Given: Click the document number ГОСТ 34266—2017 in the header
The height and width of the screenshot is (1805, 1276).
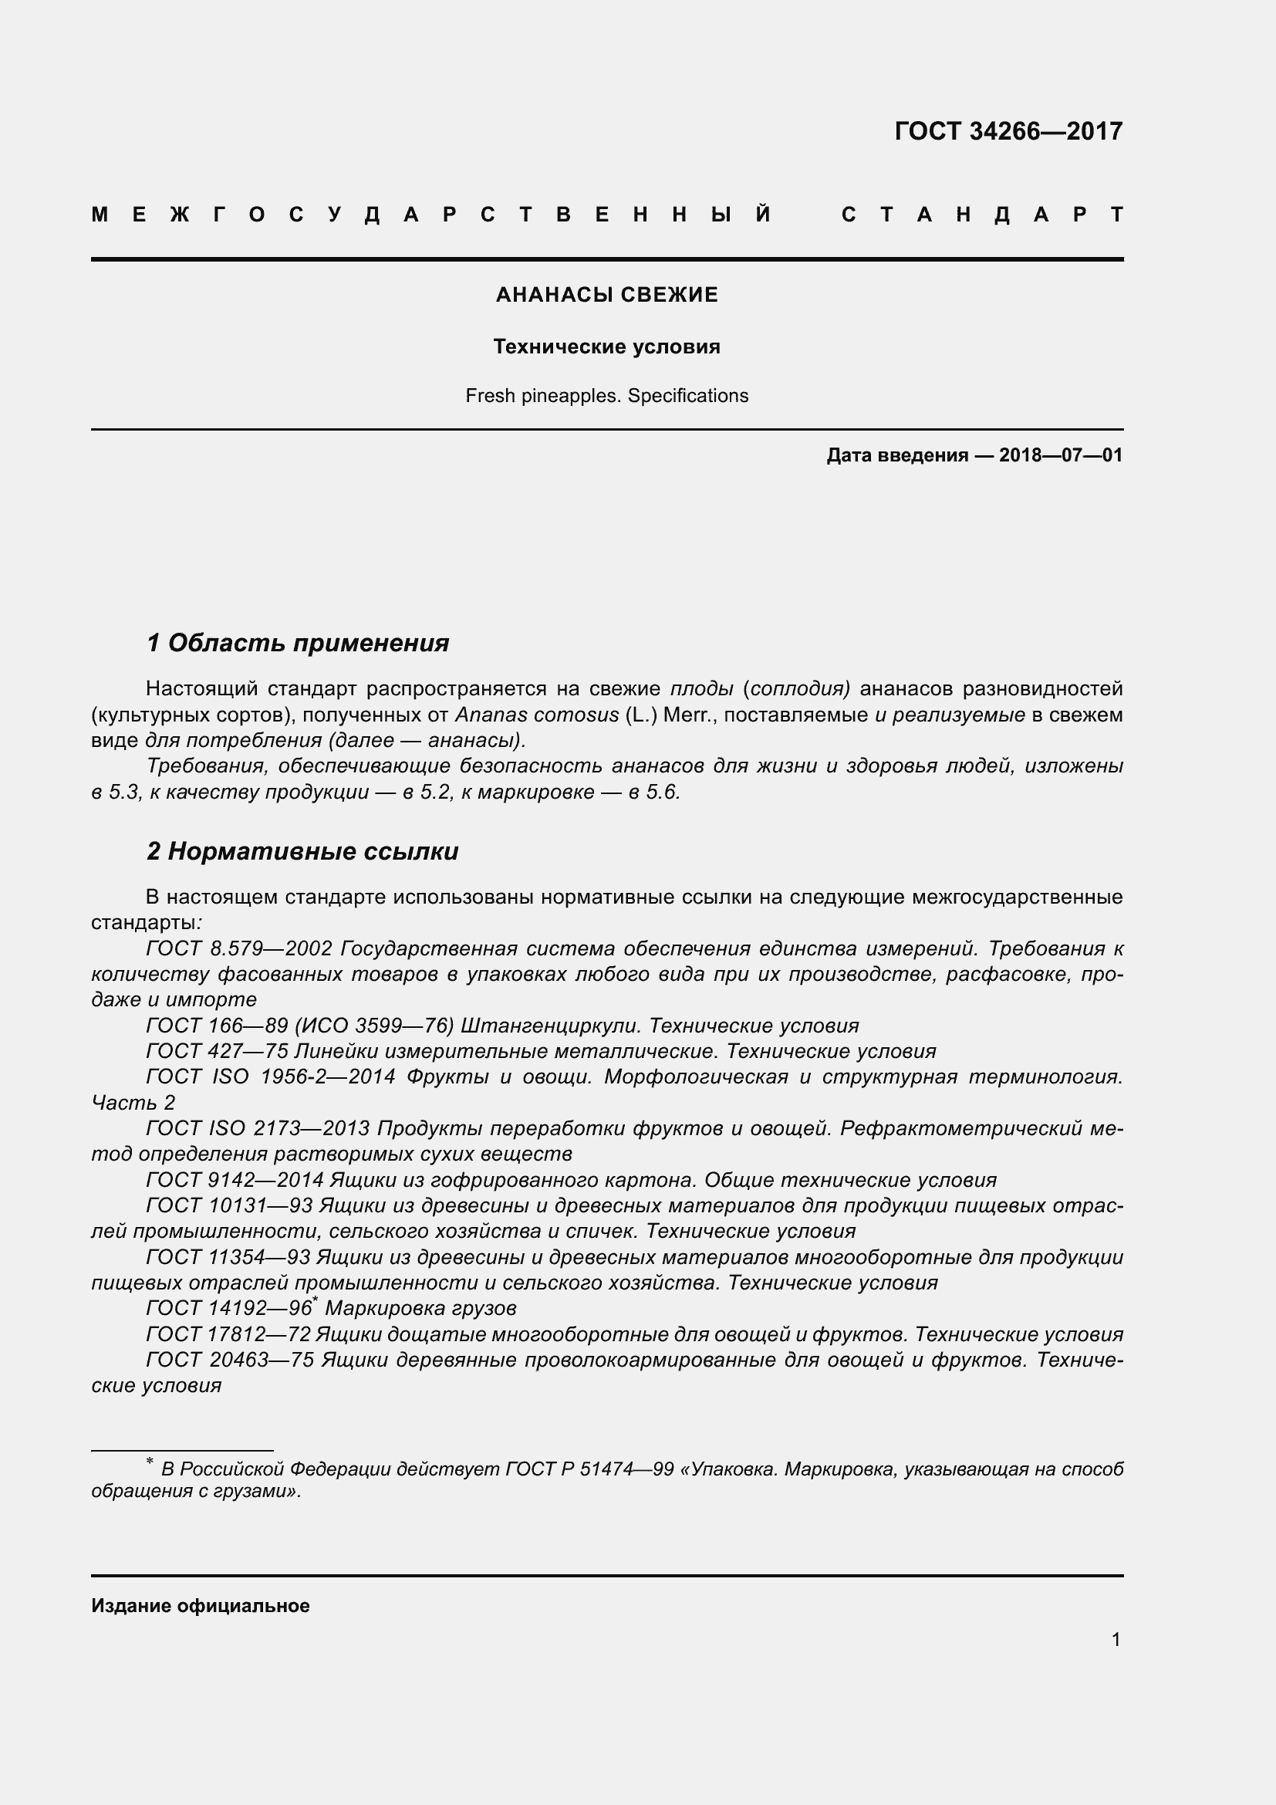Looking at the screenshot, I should click(1008, 131).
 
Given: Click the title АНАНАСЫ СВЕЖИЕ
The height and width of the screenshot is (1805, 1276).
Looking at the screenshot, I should click(606, 295).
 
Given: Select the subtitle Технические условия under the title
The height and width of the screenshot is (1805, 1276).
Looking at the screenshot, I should click(606, 346).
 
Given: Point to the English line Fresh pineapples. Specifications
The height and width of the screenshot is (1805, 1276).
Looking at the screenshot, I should click(606, 395).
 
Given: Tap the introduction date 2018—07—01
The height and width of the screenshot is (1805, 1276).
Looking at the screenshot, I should click(1060, 455).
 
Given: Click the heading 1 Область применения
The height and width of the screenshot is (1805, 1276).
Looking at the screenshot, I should click(298, 643).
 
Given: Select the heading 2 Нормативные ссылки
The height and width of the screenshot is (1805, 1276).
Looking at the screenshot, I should click(302, 851).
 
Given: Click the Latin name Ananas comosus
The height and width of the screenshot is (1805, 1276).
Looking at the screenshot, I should click(537, 715).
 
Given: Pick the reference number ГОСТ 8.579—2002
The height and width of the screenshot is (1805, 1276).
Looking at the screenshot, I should click(240, 949).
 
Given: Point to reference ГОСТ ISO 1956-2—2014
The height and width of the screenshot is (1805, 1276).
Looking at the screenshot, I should click(270, 1077).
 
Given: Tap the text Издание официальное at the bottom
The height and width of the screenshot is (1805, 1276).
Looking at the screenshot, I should click(201, 1606).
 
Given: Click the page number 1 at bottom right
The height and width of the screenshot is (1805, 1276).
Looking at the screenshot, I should click(1116, 1640).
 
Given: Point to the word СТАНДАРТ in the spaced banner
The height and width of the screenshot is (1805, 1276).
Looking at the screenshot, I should click(982, 215).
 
